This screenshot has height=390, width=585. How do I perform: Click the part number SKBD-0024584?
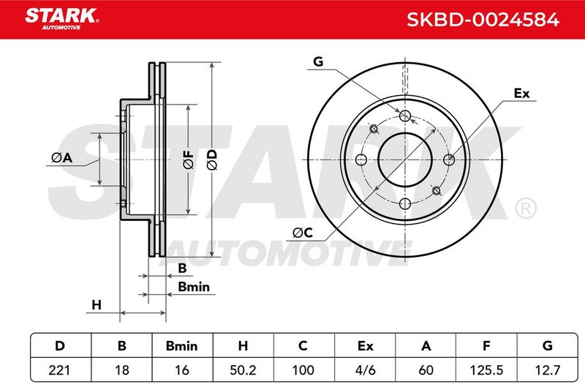pyautogui.click(x=483, y=20)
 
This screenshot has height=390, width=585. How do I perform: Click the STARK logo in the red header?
pyautogui.click(x=61, y=19)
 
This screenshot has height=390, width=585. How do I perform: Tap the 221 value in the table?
pyautogui.click(x=59, y=370)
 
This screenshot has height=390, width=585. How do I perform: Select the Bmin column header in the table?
pyautogui.click(x=181, y=346)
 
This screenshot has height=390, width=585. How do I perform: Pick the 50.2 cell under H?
pyautogui.click(x=243, y=370)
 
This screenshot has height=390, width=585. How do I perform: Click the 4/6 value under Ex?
pyautogui.click(x=365, y=370)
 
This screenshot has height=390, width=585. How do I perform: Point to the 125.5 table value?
pyautogui.click(x=487, y=370)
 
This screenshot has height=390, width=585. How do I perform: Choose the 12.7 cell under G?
pyautogui.click(x=547, y=370)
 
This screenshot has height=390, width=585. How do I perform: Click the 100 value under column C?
pyautogui.click(x=303, y=370)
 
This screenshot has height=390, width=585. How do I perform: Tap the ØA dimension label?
pyautogui.click(x=62, y=158)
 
